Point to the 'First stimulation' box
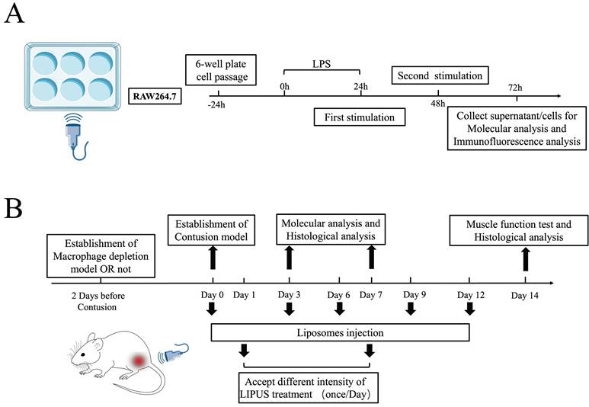click(x=359, y=118)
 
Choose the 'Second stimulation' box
click(x=440, y=76)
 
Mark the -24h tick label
click(x=218, y=105)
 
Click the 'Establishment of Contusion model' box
click(x=210, y=230)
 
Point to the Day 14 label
click(x=525, y=293)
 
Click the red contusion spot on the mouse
click(x=138, y=359)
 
